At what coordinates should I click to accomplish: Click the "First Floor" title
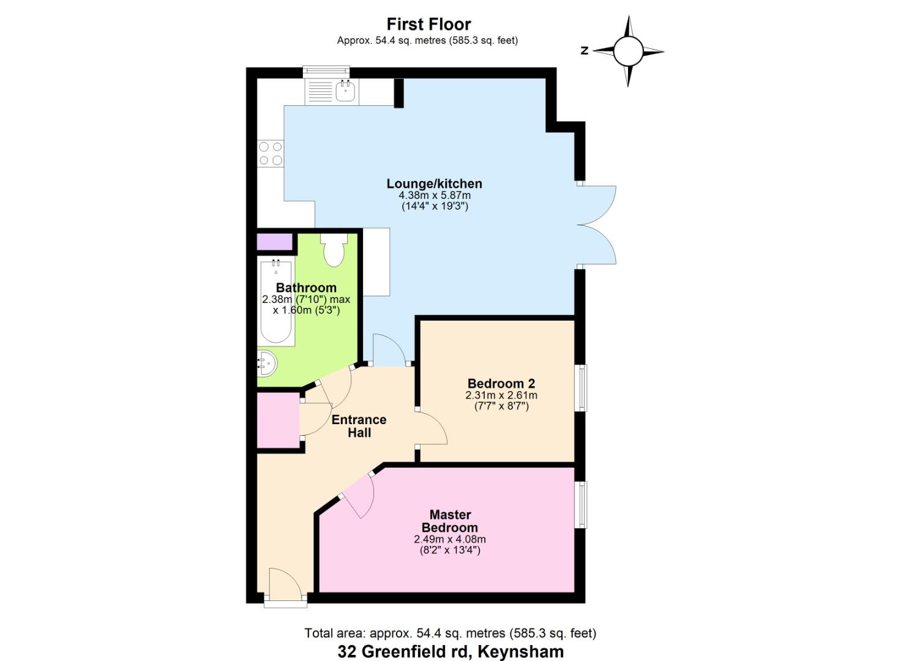click(428, 24)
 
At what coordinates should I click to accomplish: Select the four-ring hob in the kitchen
click(271, 154)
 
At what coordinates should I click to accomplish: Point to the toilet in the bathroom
click(334, 250)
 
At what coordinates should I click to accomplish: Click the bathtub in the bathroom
click(276, 302)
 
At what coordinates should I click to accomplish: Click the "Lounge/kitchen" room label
click(434, 184)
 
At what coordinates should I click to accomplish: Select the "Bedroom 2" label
click(501, 383)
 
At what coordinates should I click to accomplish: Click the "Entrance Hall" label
click(359, 426)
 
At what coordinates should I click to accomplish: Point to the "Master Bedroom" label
click(450, 521)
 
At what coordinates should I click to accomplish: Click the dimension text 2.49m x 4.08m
click(450, 539)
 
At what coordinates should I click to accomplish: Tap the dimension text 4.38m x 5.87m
click(435, 195)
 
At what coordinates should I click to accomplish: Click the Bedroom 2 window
click(582, 388)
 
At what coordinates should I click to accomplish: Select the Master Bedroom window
click(582, 504)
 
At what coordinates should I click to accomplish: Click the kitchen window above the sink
click(326, 72)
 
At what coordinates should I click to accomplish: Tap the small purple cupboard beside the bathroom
click(275, 242)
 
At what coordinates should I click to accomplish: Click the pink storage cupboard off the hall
click(279, 420)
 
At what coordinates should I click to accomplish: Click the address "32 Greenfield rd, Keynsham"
click(451, 652)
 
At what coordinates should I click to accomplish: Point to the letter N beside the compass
click(585, 51)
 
